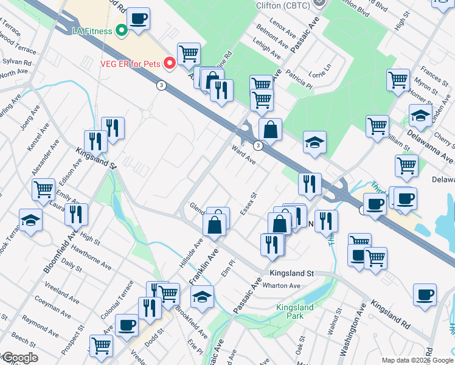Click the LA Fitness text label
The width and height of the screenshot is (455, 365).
[92, 31]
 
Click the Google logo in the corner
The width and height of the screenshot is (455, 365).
[19, 358]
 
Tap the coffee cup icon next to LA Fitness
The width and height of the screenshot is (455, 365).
[138, 20]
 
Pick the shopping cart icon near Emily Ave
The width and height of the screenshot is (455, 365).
[44, 190]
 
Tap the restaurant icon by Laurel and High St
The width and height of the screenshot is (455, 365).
[76, 214]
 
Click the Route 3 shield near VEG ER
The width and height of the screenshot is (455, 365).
[161, 85]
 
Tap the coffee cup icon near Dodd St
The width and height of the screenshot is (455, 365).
[127, 325]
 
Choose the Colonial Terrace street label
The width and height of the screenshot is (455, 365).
[120, 299]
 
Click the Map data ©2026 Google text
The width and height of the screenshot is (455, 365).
[417, 360]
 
